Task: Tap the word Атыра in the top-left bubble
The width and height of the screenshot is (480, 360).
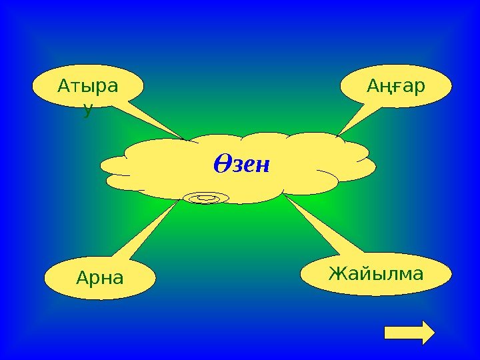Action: tap(87, 87)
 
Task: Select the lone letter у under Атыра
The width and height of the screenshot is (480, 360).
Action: tap(87, 111)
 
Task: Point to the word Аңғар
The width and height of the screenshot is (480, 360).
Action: tap(396, 87)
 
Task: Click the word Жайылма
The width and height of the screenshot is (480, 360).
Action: tap(376, 273)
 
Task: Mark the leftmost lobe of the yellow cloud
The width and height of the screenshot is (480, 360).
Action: tap(117, 164)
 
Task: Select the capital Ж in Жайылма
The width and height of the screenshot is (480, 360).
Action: tap(337, 273)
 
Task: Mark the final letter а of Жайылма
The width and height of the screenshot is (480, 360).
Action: tap(417, 273)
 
